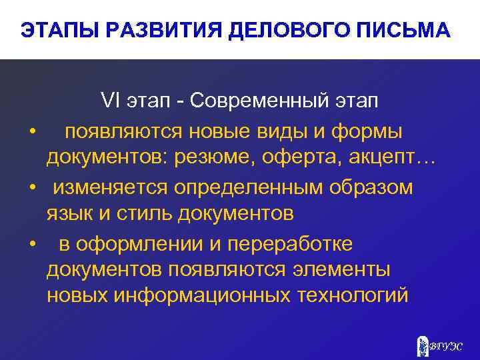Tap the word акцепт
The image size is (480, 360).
(390, 159)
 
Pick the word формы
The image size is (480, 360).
(366, 131)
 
